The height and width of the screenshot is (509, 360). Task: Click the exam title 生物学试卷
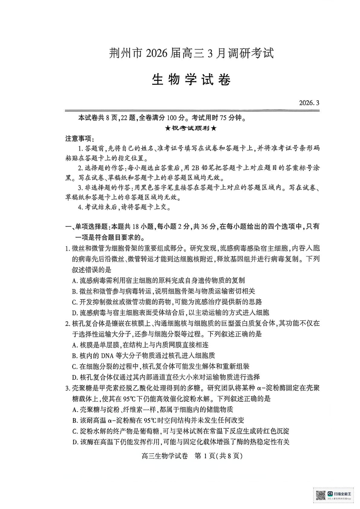189,80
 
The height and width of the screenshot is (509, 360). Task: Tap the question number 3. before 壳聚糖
67,388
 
